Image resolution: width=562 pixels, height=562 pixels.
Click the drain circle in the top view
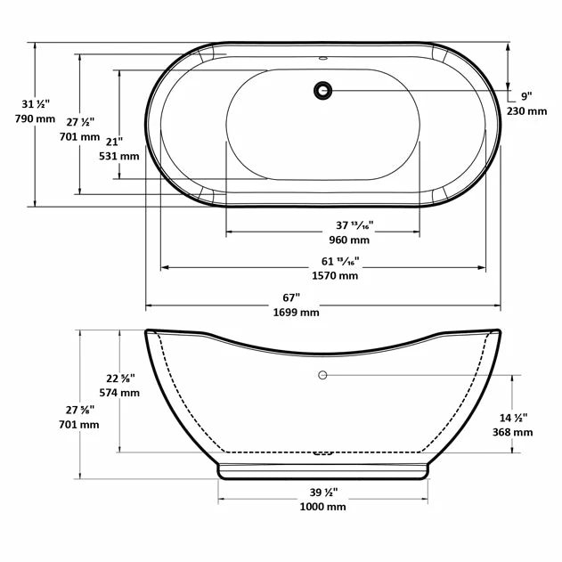pos(322,90)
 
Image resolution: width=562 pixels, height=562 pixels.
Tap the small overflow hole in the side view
pos(322,375)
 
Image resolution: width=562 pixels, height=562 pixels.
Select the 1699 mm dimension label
pos(297,313)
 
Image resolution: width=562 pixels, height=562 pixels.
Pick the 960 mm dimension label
pos(348,240)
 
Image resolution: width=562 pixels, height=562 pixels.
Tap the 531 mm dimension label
pos(118,156)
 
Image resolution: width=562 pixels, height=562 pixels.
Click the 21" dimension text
pos(113,141)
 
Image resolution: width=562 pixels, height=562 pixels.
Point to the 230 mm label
pos(526,111)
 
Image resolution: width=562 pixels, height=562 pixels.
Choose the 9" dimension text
pos(526,96)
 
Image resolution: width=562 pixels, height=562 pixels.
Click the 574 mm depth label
pos(118,392)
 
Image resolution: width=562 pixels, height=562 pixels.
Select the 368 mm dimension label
pos(512,432)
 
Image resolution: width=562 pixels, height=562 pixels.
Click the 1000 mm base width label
pos(323,507)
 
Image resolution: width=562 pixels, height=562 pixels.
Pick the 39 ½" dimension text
pos(322,492)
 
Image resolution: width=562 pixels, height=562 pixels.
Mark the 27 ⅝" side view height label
pos(80,410)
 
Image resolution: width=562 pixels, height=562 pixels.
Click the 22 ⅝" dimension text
pos(118,378)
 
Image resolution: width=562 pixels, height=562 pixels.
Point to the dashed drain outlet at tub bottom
pos(322,452)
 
